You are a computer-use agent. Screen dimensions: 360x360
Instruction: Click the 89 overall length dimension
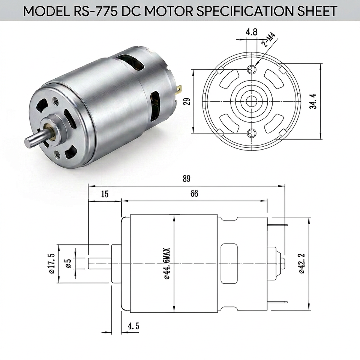(186, 178)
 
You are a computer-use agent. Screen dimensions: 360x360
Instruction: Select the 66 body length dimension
(194, 193)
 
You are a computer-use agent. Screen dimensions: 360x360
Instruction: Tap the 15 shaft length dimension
(105, 194)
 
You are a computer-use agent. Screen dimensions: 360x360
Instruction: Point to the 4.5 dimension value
(133, 326)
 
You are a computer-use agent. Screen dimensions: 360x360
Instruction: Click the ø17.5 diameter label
(51, 263)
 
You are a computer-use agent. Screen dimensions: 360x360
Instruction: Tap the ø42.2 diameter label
(301, 263)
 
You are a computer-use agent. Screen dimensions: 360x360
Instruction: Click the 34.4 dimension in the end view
(313, 101)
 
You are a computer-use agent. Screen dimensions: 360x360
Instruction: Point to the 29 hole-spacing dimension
(187, 101)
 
